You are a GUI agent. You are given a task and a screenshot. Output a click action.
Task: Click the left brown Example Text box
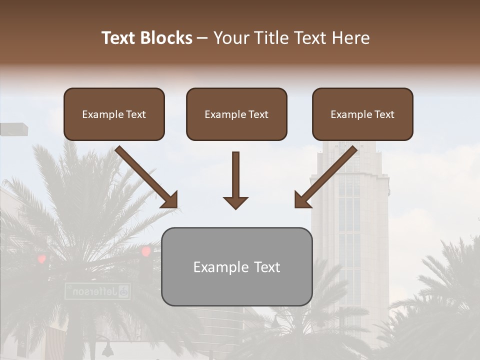(114, 114)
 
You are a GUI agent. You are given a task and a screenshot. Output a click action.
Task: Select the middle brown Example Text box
(236, 114)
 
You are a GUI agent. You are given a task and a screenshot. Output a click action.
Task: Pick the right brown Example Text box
(362, 114)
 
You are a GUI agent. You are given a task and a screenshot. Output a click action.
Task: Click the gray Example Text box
(236, 267)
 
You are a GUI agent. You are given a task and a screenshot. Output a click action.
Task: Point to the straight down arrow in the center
(235, 180)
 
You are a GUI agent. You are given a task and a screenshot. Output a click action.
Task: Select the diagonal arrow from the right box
(326, 177)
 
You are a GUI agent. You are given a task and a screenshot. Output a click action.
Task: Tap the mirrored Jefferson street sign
(97, 291)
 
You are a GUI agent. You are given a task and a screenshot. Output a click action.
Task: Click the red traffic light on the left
(42, 258)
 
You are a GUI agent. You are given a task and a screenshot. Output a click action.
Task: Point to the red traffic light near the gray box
(146, 251)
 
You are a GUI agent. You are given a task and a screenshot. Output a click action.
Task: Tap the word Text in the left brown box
(136, 114)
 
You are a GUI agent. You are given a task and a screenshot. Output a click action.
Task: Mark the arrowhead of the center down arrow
(235, 202)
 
